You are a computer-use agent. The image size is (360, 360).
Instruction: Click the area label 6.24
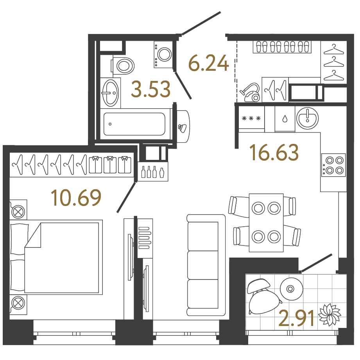coord(208,63)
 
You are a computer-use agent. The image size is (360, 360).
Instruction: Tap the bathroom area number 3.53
coord(150,89)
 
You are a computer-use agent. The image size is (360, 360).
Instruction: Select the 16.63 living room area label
coord(275,152)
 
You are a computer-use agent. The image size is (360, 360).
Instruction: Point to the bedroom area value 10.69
coord(76,197)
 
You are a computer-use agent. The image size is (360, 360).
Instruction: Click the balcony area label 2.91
coord(296,318)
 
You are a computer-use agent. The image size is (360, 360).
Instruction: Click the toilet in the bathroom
coord(123,66)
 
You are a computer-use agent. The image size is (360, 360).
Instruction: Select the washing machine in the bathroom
coord(163,55)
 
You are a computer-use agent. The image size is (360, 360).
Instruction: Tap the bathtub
coord(134,124)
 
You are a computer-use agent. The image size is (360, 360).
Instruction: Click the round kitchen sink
coord(307,118)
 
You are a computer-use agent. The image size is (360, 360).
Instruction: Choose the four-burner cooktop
coord(333,165)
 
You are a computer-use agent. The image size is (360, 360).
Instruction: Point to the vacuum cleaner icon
coord(250,93)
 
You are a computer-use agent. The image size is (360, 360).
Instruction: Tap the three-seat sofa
coord(206,265)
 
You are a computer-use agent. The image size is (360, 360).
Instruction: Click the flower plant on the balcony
coord(330,314)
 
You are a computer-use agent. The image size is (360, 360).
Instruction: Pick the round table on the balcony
coord(291,289)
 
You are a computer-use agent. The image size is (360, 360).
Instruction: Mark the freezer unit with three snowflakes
coord(251,119)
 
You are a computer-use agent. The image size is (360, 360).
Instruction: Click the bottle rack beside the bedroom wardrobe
coord(152,172)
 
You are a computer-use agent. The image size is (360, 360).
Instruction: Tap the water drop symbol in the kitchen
coord(285,119)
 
